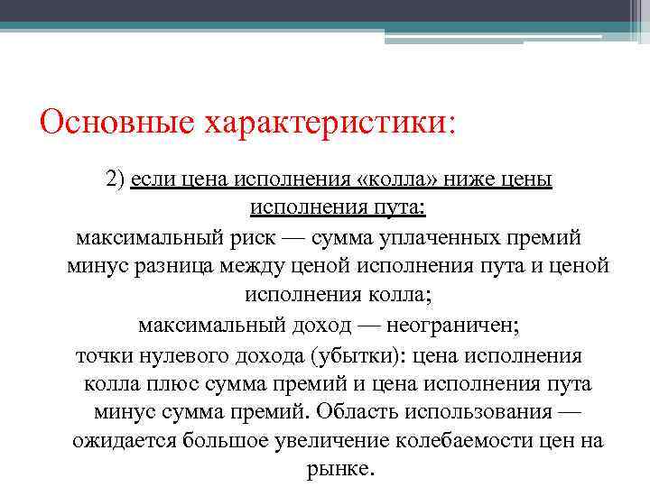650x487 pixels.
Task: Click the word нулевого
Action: coord(176,354)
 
